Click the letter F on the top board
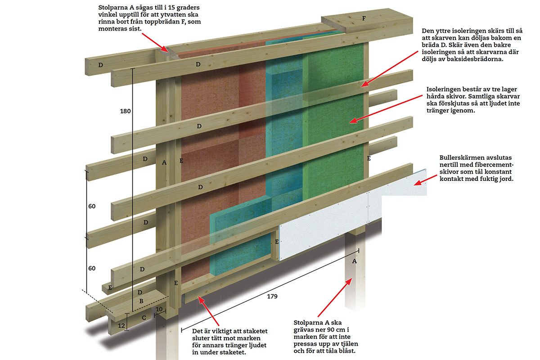tap(364, 18)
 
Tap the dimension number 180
tap(126, 111)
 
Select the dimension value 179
tap(272, 297)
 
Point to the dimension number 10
tap(159, 310)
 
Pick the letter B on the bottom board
tap(141, 301)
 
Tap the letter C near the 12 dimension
tap(144, 318)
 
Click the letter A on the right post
tap(355, 261)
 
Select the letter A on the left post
tap(164, 163)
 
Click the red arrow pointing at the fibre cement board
tap(421, 183)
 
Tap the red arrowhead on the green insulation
tap(352, 120)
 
